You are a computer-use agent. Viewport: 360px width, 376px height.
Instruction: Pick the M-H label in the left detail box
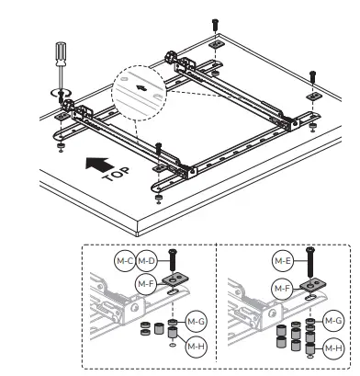pos(195,347)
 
